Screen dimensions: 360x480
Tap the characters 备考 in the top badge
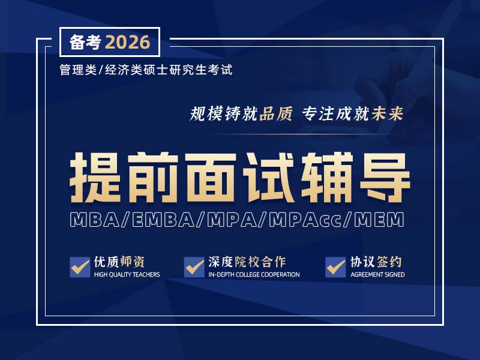tap(86, 43)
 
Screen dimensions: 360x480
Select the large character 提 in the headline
tap(98, 177)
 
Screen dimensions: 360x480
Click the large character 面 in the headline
tap(212, 177)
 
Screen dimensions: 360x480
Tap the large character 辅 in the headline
tap(326, 177)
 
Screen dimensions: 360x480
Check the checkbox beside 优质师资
tap(80, 267)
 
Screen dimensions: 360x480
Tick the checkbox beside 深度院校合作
tap(194, 267)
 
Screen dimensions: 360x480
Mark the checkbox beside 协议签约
tap(335, 267)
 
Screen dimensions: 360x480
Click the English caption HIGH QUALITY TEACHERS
tap(127, 275)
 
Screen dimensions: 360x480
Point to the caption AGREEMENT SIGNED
tap(377, 275)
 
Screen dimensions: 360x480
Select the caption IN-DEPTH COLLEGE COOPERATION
tap(254, 275)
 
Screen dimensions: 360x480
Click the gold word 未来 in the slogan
tap(388, 113)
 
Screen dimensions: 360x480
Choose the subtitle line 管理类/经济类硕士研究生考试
tap(146, 70)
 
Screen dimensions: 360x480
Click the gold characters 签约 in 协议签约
tap(391, 262)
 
